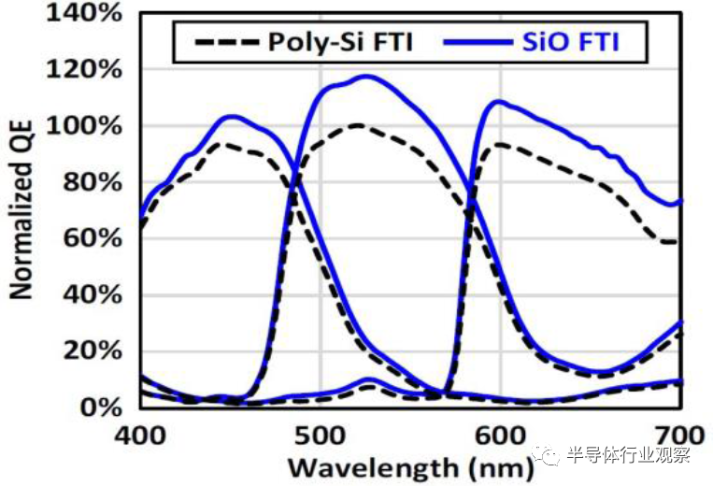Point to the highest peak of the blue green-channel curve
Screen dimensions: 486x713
point(364,77)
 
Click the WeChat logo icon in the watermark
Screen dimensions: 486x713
point(549,456)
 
